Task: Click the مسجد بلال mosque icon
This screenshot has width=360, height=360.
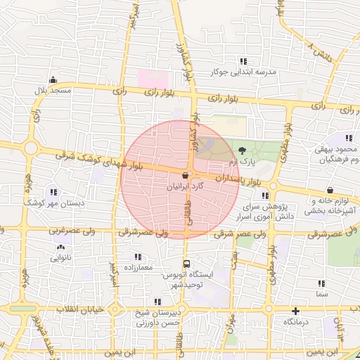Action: click(53, 79)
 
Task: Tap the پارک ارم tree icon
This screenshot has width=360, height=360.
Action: click(243, 150)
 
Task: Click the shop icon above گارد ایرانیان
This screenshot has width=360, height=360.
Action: click(186, 174)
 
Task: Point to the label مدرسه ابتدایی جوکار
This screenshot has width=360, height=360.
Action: click(244, 72)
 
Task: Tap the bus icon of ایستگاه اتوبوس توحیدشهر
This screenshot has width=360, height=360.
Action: click(186, 263)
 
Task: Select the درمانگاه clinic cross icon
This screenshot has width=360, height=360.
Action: click(295, 310)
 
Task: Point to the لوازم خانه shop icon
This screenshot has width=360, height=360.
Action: click(330, 189)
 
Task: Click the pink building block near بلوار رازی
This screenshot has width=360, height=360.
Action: click(152, 77)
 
